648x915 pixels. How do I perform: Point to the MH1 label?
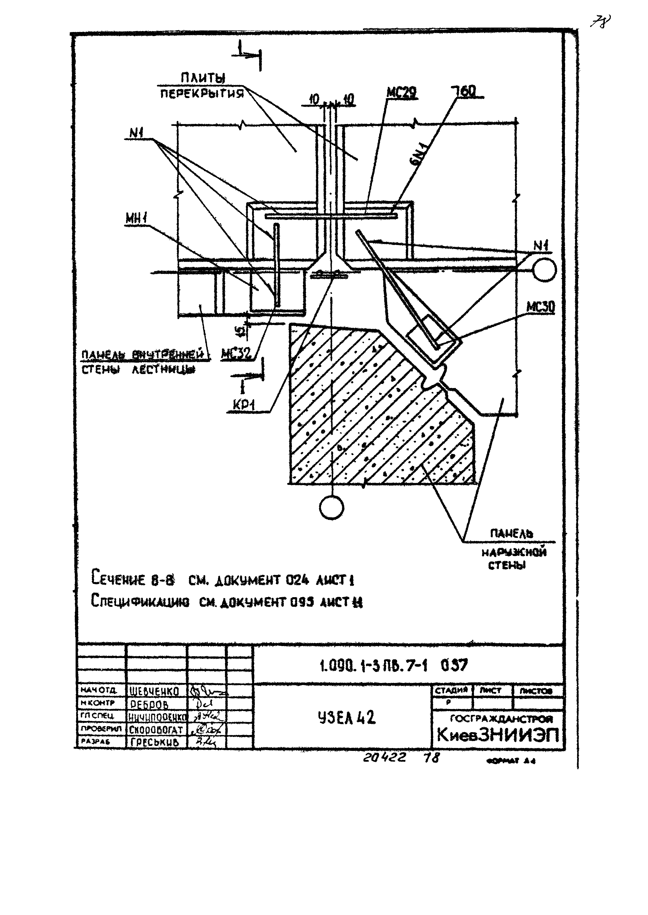coord(136,218)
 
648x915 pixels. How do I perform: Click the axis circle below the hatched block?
coord(332,508)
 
